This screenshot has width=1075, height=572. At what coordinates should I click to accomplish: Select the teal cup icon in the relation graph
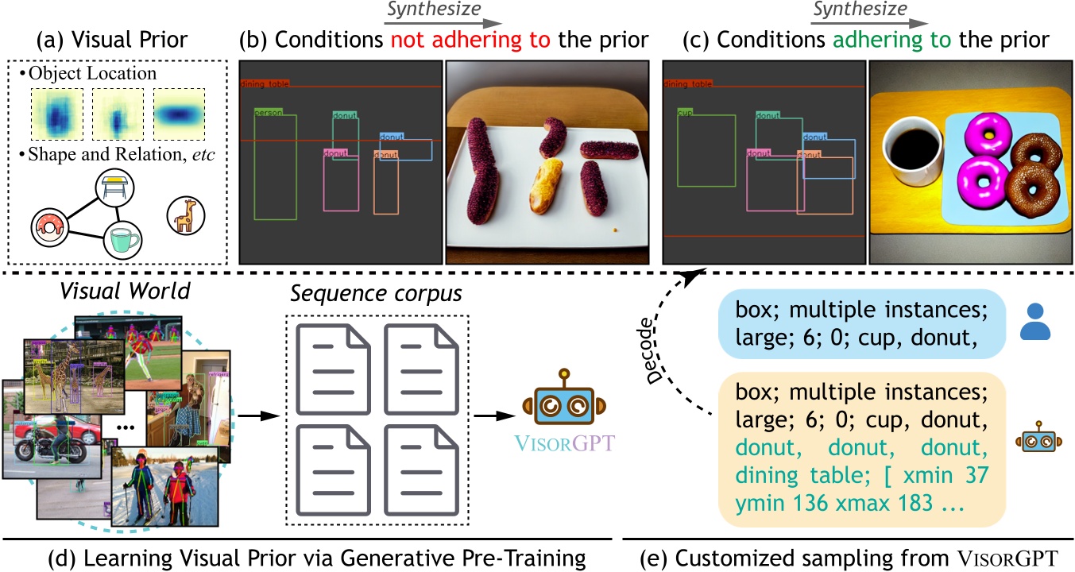(x=122, y=239)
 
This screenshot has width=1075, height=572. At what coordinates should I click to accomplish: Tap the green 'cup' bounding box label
(x=683, y=113)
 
